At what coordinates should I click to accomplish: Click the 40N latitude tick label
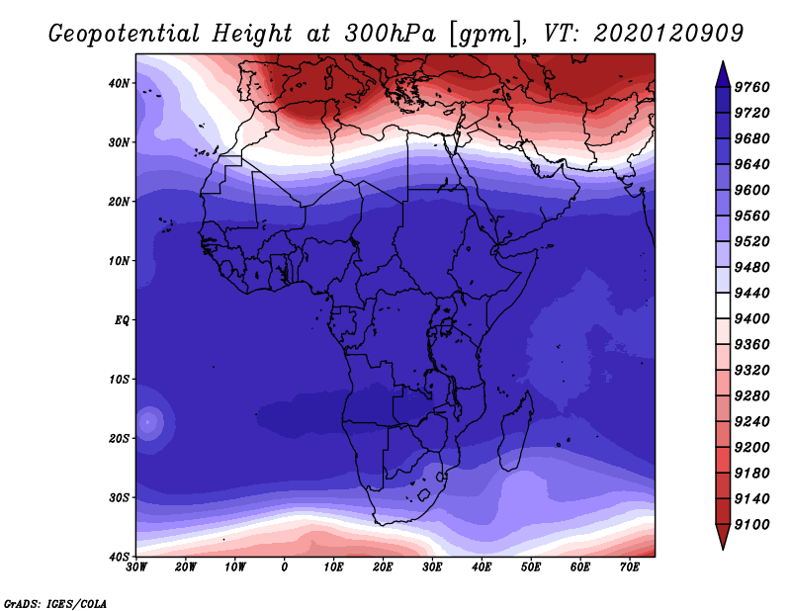(x=119, y=83)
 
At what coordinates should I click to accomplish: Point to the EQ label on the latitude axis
(x=122, y=320)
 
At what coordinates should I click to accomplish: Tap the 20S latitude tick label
(x=119, y=438)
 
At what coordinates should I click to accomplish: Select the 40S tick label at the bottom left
(x=119, y=557)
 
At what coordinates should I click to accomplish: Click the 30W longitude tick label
(x=136, y=567)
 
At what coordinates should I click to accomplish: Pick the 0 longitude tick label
(x=285, y=567)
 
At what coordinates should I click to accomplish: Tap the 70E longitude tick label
(x=629, y=567)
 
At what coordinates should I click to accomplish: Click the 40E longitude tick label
(x=482, y=567)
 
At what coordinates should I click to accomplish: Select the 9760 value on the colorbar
(x=751, y=87)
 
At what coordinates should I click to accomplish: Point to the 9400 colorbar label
(x=751, y=319)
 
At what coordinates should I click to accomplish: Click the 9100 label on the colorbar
(x=751, y=525)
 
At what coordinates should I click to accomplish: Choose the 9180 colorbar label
(x=751, y=474)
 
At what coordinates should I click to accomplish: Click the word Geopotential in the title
(x=125, y=34)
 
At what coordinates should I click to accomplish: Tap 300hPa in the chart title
(x=390, y=34)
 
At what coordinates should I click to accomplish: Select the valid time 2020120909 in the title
(x=668, y=34)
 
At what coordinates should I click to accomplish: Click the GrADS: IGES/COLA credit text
(x=55, y=603)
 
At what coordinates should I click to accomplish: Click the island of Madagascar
(x=516, y=431)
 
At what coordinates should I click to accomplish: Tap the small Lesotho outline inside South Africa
(x=423, y=495)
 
